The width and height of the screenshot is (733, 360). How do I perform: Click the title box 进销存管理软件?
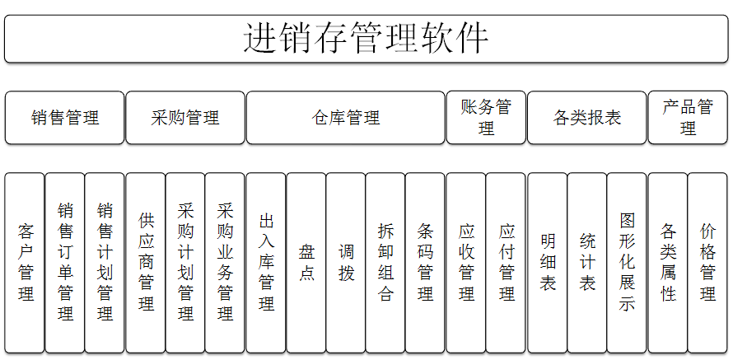(366, 39)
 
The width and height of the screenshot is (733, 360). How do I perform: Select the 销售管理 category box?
(64, 118)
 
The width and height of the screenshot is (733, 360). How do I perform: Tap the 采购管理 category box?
(185, 118)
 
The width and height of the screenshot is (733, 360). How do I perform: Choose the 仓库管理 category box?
(345, 118)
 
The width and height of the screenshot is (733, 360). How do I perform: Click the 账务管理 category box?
(486, 118)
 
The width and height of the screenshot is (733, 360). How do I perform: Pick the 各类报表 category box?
(587, 118)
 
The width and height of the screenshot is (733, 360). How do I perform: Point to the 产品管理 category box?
(688, 118)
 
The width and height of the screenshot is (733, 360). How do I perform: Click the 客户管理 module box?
(25, 263)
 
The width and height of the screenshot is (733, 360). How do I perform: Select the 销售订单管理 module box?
(65, 263)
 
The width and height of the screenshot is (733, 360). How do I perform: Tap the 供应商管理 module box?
(146, 263)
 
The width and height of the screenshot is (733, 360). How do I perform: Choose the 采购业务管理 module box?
(225, 263)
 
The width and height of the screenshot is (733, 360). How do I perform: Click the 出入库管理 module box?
(266, 263)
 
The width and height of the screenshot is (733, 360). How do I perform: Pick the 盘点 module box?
(306, 263)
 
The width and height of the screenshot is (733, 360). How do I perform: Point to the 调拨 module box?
(346, 263)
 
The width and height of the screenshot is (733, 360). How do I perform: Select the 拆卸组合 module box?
(385, 263)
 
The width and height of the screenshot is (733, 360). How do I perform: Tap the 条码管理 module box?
(426, 263)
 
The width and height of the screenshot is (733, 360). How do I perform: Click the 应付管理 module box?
(506, 263)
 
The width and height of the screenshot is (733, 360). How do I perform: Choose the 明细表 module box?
(547, 263)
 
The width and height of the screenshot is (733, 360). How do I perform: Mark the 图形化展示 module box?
(627, 263)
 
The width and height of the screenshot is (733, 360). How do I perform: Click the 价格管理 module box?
(707, 263)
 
